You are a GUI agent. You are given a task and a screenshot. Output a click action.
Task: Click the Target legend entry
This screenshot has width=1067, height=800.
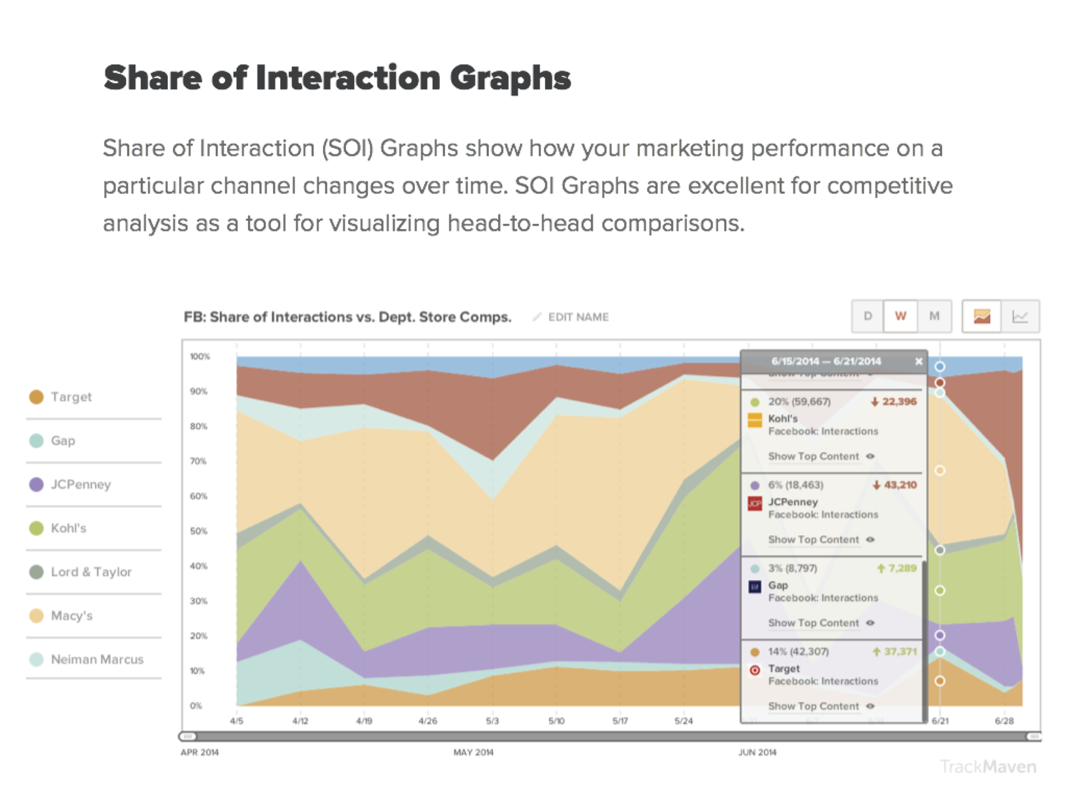point(71,397)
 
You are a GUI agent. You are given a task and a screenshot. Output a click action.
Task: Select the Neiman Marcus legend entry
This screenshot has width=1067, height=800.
point(97,659)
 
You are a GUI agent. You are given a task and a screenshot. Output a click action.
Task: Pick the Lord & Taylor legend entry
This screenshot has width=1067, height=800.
point(91,572)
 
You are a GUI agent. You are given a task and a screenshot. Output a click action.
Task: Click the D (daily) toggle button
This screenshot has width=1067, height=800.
point(868,316)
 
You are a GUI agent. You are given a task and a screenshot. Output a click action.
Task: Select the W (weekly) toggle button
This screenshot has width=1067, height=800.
point(900,316)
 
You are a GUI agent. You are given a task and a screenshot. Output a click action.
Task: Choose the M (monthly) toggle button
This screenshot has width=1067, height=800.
point(934,316)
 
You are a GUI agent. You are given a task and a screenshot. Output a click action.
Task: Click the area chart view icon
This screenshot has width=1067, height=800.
point(981,316)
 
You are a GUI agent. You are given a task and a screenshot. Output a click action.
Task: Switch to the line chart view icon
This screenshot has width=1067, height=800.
point(1020,316)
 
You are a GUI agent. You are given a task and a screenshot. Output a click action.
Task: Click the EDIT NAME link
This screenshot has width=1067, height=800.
point(578,317)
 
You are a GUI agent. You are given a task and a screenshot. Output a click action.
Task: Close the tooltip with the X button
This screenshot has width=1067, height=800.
point(918,361)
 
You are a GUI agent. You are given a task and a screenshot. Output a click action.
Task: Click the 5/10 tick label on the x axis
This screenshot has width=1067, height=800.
point(556,721)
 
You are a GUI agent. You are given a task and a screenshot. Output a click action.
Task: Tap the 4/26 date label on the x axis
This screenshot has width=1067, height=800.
point(427,721)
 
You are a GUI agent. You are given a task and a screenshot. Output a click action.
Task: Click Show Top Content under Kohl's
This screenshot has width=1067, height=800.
point(814,456)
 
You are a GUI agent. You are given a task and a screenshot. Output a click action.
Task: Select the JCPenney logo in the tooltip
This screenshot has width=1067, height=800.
point(754,503)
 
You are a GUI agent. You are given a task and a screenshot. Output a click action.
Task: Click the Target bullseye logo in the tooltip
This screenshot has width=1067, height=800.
point(755,670)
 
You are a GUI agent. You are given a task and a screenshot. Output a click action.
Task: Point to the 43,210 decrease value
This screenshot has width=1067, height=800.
point(900,485)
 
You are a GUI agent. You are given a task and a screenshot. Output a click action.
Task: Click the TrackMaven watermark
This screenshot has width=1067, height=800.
point(988,767)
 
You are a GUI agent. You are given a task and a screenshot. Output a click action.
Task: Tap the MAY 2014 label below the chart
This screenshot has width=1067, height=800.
point(473,752)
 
